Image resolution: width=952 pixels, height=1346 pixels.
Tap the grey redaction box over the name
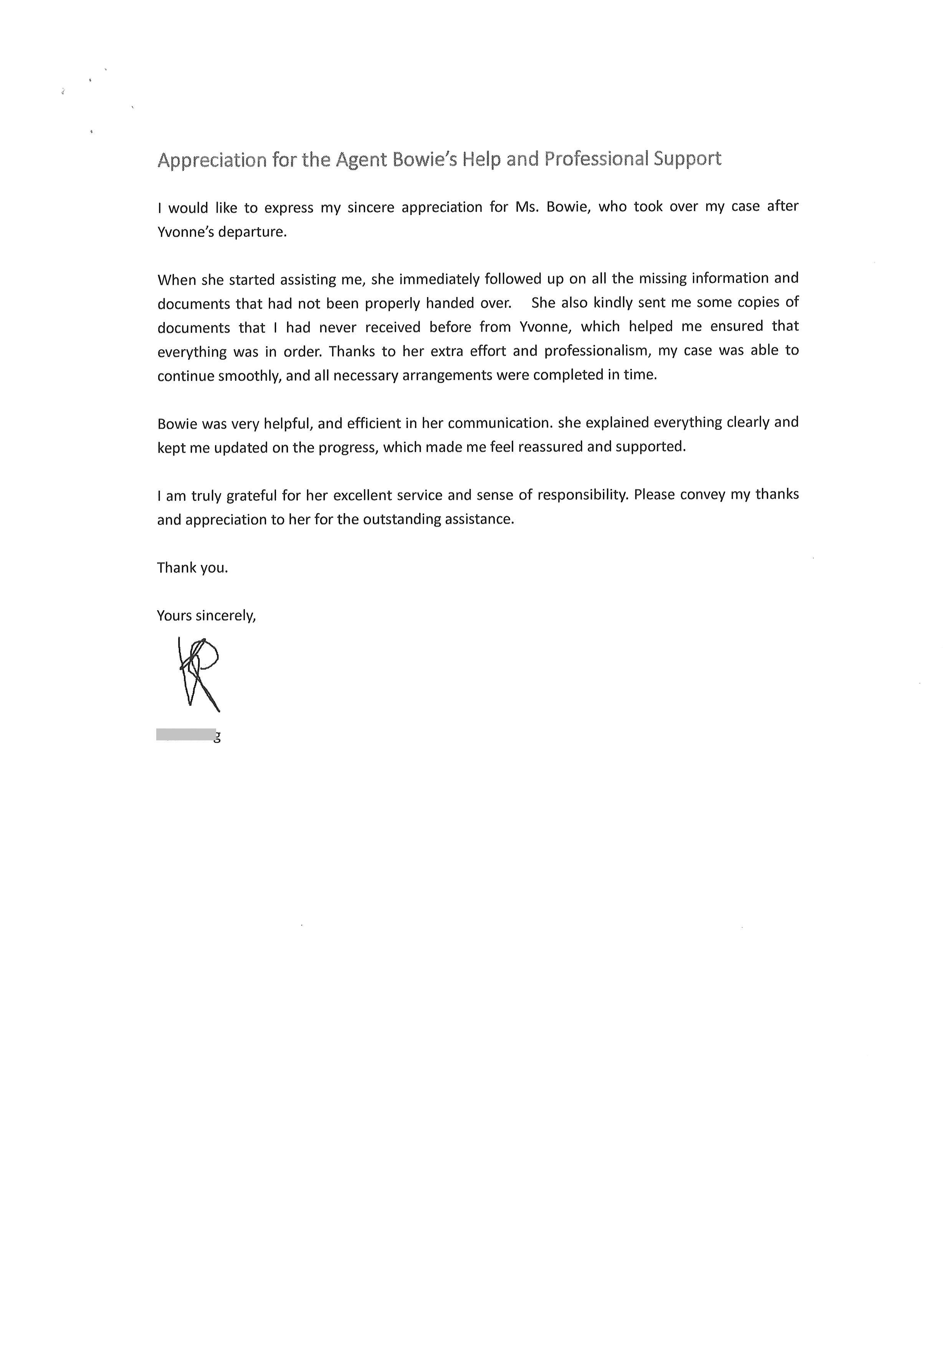pos(186,735)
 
